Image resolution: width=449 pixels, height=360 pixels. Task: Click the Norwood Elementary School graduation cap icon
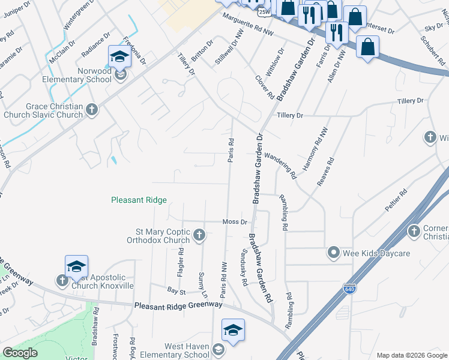pyautogui.click(x=119, y=58)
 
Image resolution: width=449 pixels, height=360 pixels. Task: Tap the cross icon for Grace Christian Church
pyautogui.click(x=91, y=109)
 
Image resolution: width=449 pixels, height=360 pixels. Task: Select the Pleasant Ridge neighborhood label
pyautogui.click(x=139, y=200)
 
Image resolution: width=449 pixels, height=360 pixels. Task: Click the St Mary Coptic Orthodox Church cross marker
pyautogui.click(x=199, y=235)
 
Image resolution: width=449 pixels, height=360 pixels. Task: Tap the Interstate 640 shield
pyautogui.click(x=349, y=289)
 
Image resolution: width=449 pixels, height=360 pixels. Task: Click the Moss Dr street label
pyautogui.click(x=235, y=221)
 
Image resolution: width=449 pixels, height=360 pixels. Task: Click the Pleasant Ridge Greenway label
pyautogui.click(x=178, y=305)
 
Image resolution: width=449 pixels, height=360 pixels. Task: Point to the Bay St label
pyautogui.click(x=176, y=290)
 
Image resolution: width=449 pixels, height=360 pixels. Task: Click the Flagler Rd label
pyautogui.click(x=181, y=262)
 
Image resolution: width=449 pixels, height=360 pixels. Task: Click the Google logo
pyautogui.click(x=20, y=353)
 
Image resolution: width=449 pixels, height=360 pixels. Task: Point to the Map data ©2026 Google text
pyautogui.click(x=411, y=355)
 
